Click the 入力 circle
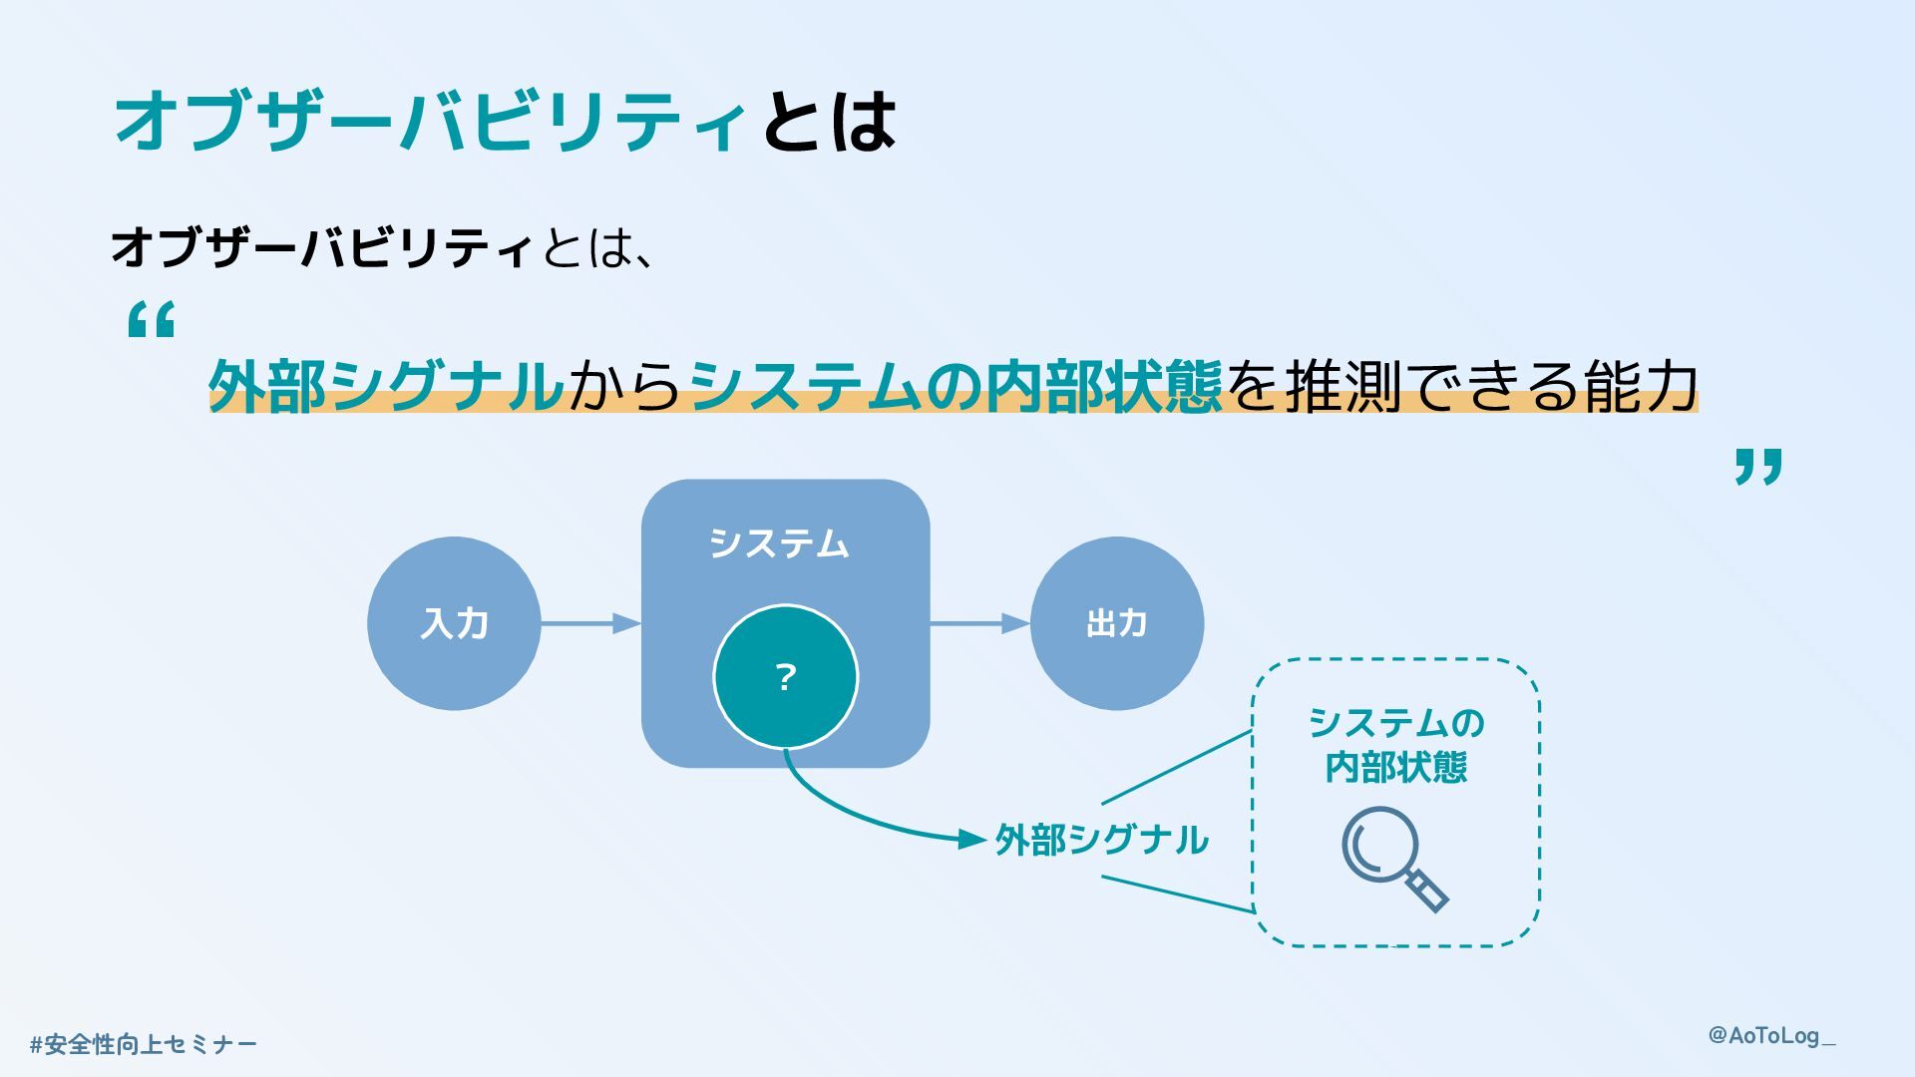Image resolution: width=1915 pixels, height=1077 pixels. pyautogui.click(x=454, y=623)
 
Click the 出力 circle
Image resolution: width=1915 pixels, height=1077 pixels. pyautogui.click(x=1116, y=623)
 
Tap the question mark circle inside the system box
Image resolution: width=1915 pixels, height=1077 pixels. pyautogui.click(x=785, y=677)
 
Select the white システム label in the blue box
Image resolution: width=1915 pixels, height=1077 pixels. pyautogui.click(x=779, y=543)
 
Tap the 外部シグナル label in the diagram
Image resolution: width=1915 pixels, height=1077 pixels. pyautogui.click(x=1101, y=840)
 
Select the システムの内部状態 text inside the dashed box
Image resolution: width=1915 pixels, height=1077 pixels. pyautogui.click(x=1395, y=745)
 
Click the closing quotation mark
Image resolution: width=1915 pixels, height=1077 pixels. pyautogui.click(x=1757, y=466)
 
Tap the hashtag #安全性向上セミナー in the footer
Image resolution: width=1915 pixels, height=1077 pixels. pyautogui.click(x=144, y=1044)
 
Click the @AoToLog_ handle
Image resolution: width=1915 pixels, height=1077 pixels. pyautogui.click(x=1771, y=1036)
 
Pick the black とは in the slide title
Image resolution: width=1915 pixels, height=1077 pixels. pyautogui.click(x=829, y=122)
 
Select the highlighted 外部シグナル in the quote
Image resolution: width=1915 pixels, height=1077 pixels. pyautogui.click(x=387, y=386)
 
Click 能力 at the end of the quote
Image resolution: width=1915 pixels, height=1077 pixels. pyautogui.click(x=1642, y=386)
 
